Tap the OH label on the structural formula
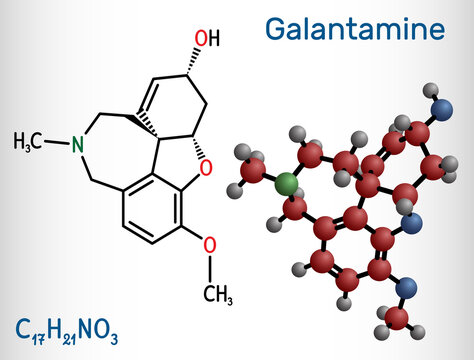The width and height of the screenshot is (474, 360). pyautogui.click(x=205, y=39)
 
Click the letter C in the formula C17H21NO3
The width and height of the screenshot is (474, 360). pyautogui.click(x=23, y=326)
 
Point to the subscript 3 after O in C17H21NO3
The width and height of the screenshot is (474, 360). pyautogui.click(x=117, y=333)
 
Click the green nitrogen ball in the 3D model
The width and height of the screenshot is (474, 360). pyautogui.click(x=287, y=183)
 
